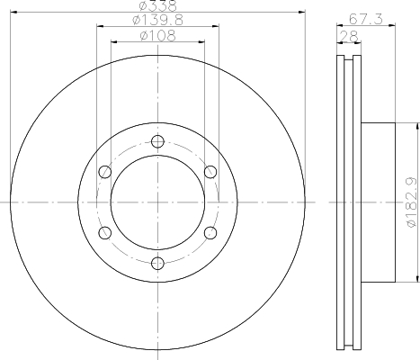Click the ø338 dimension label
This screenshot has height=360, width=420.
pos(157,6)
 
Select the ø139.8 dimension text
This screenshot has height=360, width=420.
pos(157,21)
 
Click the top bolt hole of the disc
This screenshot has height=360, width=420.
pos(158,141)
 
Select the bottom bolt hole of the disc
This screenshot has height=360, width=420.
pos(158,263)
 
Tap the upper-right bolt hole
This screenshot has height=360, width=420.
pos(210,172)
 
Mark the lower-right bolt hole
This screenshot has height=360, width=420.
pos(210,232)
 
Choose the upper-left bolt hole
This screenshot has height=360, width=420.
pos(105,172)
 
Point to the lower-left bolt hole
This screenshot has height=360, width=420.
pos(105,232)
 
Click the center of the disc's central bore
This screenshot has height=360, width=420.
pos(158,202)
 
